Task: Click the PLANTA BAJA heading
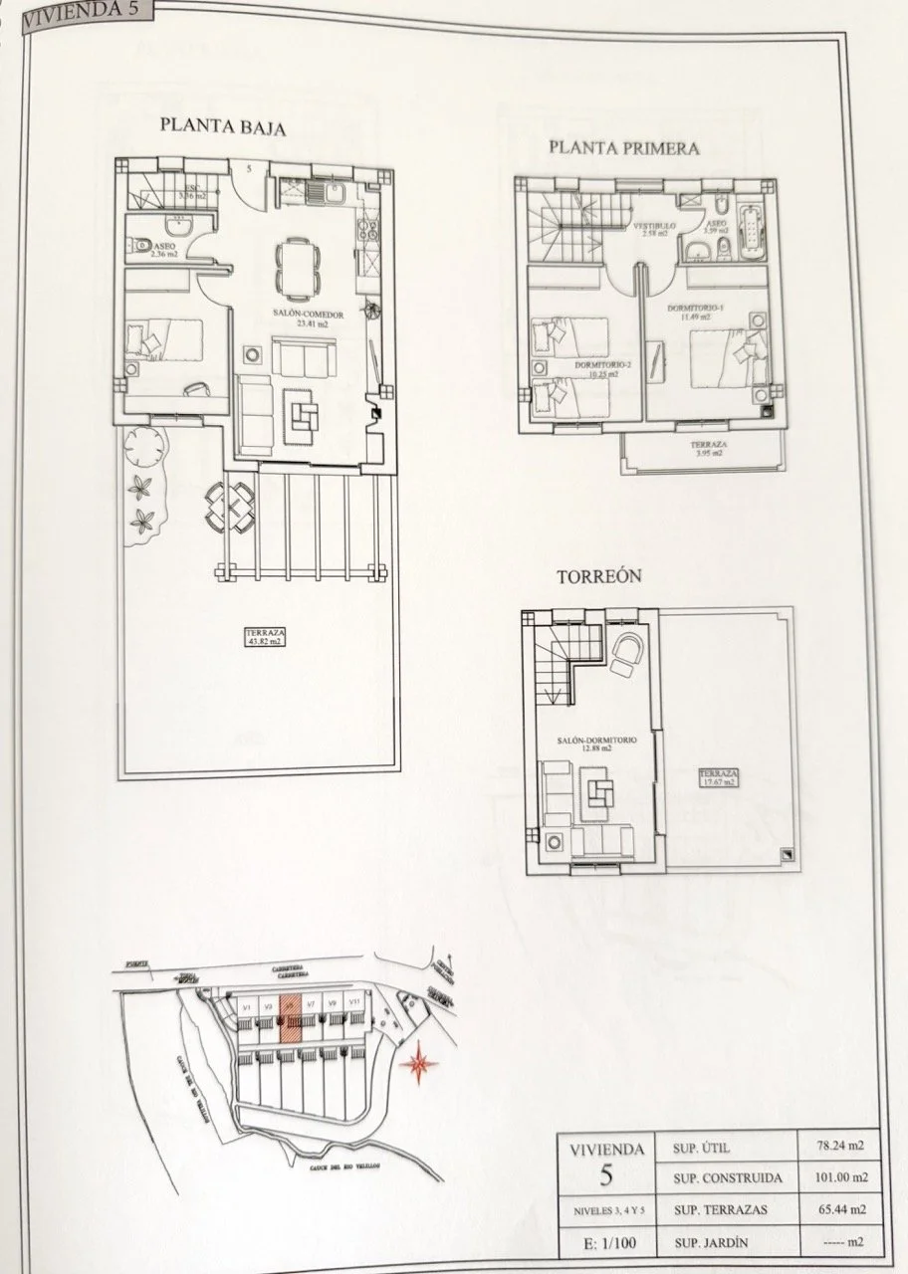(x=223, y=126)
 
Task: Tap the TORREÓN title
(x=598, y=576)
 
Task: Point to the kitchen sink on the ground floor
(x=329, y=190)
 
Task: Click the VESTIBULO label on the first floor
(x=654, y=228)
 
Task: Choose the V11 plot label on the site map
(x=354, y=1003)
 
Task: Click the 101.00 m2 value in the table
(x=834, y=1177)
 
